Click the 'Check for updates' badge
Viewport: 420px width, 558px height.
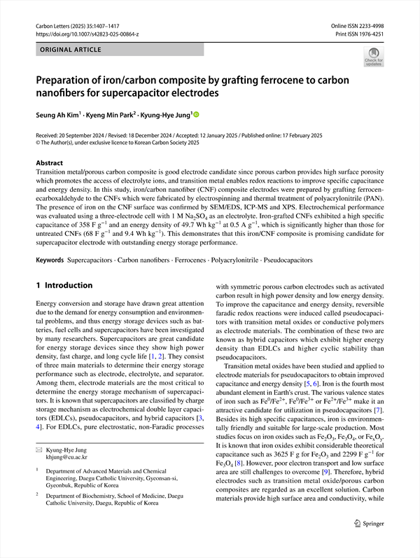[373, 57]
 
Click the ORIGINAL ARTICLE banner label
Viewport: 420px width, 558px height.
[66, 50]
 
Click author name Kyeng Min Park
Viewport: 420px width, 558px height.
[115, 114]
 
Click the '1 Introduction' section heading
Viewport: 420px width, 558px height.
[64, 286]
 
